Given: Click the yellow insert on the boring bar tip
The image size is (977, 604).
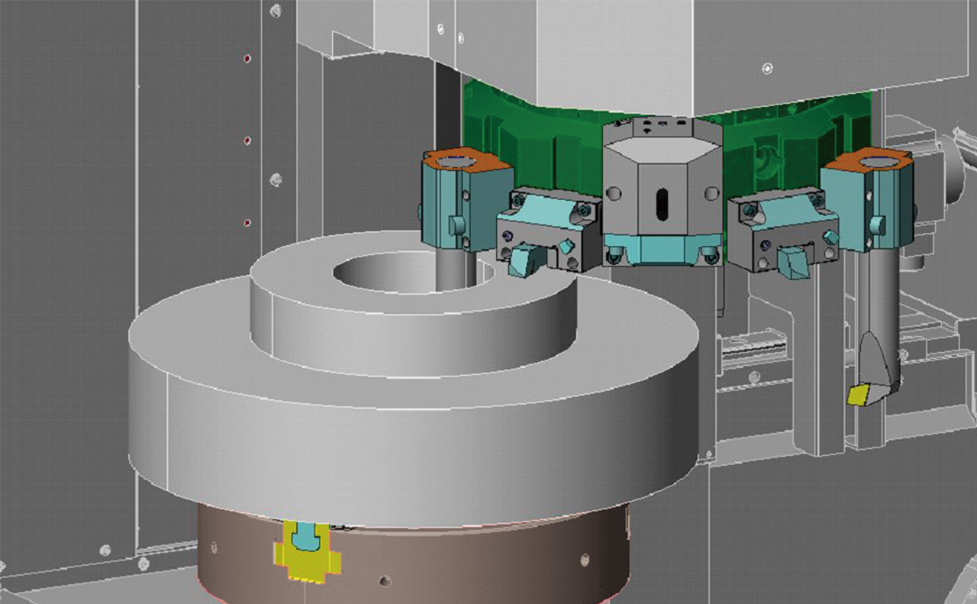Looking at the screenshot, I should coord(858,395).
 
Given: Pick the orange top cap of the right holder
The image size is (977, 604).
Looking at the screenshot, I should coord(870,161).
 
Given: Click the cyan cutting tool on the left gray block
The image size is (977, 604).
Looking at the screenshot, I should coord(527,257).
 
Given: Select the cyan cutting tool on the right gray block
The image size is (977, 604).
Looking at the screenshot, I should coord(790,262).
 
